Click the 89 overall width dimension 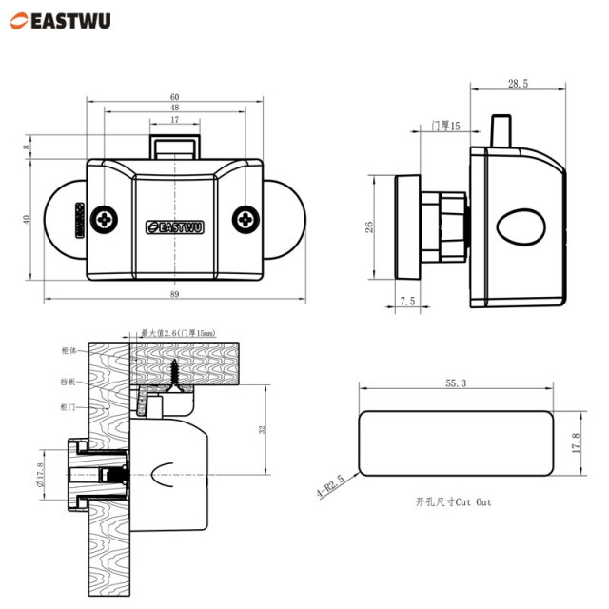(x=175, y=295)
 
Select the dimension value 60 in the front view (x=175, y=97)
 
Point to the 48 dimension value (x=175, y=108)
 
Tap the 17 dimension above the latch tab (x=175, y=120)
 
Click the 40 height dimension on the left (x=28, y=219)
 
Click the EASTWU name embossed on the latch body (x=175, y=226)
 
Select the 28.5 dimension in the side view (x=518, y=85)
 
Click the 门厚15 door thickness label (x=444, y=126)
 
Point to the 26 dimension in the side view (x=371, y=227)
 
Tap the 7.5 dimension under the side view (x=407, y=301)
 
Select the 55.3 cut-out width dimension (x=455, y=383)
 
